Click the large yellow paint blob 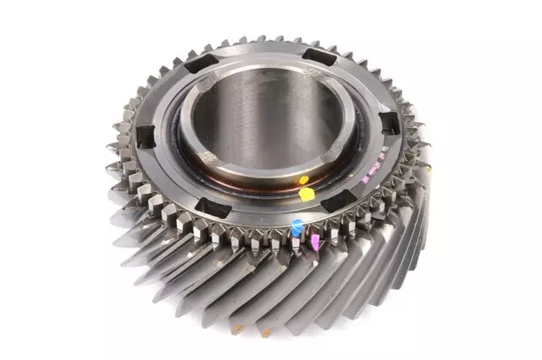[x=307, y=193]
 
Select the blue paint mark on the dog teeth [x=296, y=226]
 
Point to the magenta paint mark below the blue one [x=314, y=242]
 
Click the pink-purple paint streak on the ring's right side [x=370, y=177]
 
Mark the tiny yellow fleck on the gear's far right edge [x=429, y=169]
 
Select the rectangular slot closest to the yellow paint [x=338, y=201]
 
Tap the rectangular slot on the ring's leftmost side [x=145, y=134]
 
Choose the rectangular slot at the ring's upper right [x=318, y=57]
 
